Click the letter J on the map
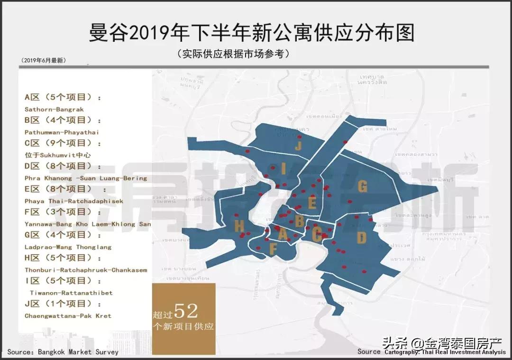pyautogui.click(x=298, y=146)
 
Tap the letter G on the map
pyautogui.click(x=362, y=186)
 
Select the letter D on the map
pyautogui.click(x=362, y=238)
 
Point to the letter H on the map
pyautogui.click(x=239, y=226)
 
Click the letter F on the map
pyautogui.click(x=273, y=249)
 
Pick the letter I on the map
pyautogui.click(x=283, y=169)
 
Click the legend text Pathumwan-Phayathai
pyautogui.click(x=62, y=132)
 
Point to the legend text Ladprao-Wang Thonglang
pyautogui.click(x=68, y=247)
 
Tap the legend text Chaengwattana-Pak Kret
pyautogui.click(x=68, y=316)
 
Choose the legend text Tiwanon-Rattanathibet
pyautogui.click(x=71, y=293)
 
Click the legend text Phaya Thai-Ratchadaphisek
pyautogui.click(x=73, y=201)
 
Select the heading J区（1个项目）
pyautogui.click(x=63, y=304)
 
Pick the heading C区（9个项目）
pyautogui.click(x=63, y=143)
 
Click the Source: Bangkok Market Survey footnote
pyautogui.click(x=63, y=352)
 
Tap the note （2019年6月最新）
pyautogui.click(x=44, y=60)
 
